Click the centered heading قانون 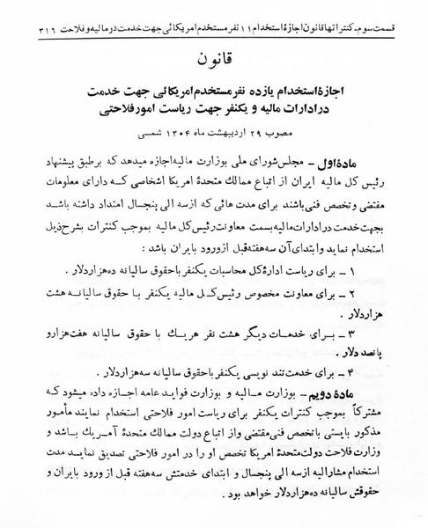point(214,58)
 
